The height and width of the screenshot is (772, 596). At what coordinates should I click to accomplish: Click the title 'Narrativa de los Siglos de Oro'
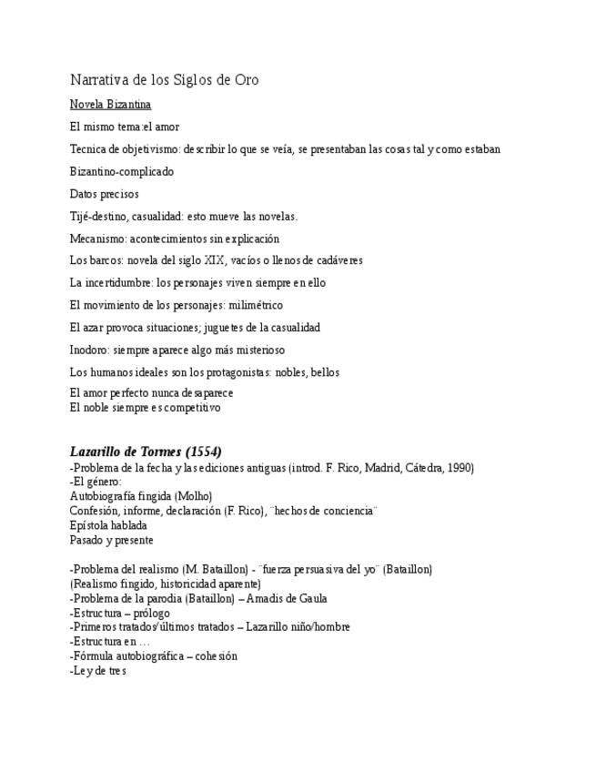(165, 80)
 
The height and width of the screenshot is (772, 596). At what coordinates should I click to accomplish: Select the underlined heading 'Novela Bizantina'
(110, 105)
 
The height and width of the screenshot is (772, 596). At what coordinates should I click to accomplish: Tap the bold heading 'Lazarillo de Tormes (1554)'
(146, 452)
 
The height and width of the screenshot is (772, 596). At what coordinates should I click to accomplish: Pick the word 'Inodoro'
(88, 350)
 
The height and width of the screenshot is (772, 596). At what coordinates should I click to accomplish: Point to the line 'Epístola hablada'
(108, 525)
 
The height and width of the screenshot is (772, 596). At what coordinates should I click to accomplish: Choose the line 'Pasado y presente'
(112, 540)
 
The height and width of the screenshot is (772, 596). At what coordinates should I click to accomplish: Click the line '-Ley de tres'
(97, 671)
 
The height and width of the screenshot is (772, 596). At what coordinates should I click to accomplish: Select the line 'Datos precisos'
(105, 194)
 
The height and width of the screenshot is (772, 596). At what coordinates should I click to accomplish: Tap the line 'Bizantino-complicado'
(122, 171)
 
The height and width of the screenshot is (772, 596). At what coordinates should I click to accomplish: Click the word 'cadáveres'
(338, 260)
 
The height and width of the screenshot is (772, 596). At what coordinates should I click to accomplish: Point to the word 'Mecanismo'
(97, 239)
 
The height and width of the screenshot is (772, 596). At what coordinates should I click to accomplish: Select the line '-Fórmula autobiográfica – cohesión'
(153, 655)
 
